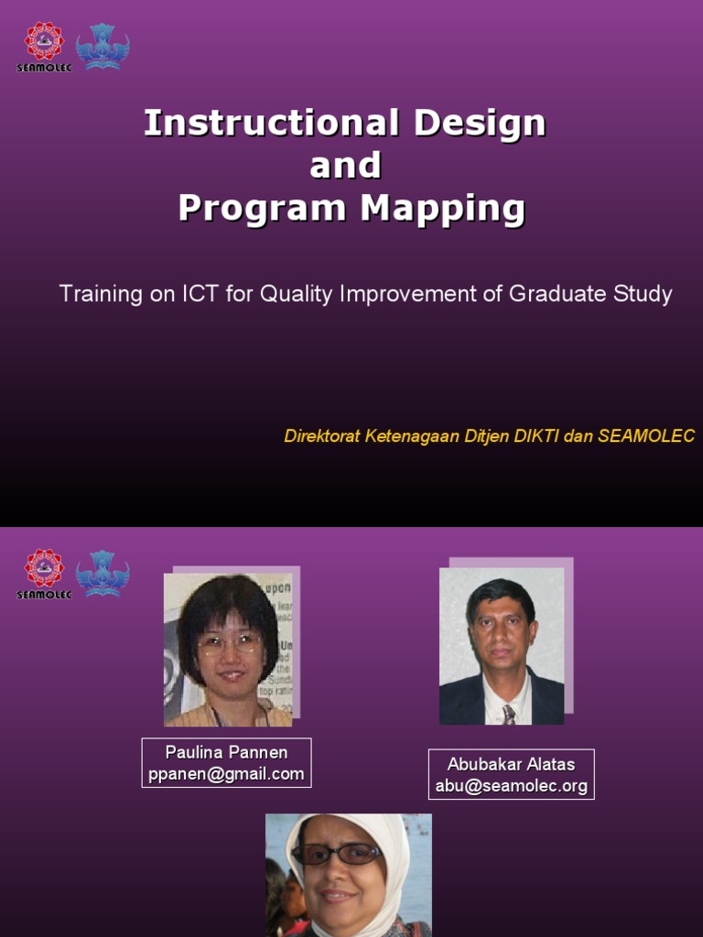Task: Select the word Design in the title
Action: click(480, 123)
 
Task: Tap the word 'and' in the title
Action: click(345, 166)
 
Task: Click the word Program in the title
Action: click(264, 209)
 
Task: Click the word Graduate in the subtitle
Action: click(548, 294)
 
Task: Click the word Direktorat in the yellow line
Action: click(322, 436)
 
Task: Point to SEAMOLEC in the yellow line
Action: click(646, 436)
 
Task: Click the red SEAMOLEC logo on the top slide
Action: click(44, 42)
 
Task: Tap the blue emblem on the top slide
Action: click(102, 46)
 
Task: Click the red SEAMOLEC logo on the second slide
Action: click(44, 569)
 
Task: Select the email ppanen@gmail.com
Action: click(226, 774)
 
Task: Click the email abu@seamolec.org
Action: click(511, 786)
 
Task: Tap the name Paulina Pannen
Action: click(226, 752)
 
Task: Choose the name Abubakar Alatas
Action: click(511, 764)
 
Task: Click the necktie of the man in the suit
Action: click(508, 714)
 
